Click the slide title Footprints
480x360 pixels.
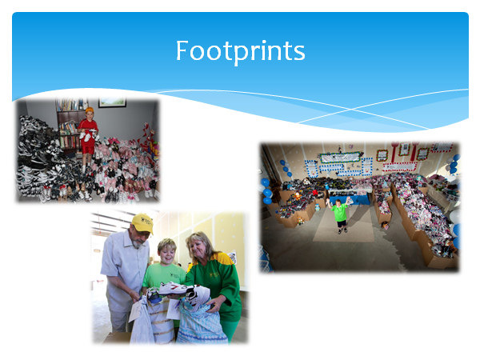[240, 51]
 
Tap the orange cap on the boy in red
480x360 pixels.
[90, 110]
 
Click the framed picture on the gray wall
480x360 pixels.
[112, 102]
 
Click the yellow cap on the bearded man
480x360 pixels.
[142, 223]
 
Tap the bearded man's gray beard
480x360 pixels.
[137, 243]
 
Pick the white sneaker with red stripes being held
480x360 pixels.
[174, 288]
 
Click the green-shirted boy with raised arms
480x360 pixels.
[339, 214]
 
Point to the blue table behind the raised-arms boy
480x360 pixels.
[350, 198]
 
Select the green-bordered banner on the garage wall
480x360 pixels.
[340, 157]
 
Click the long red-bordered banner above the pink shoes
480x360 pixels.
[399, 166]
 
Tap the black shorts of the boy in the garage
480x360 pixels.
[342, 223]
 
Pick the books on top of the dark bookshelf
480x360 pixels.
[70, 105]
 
